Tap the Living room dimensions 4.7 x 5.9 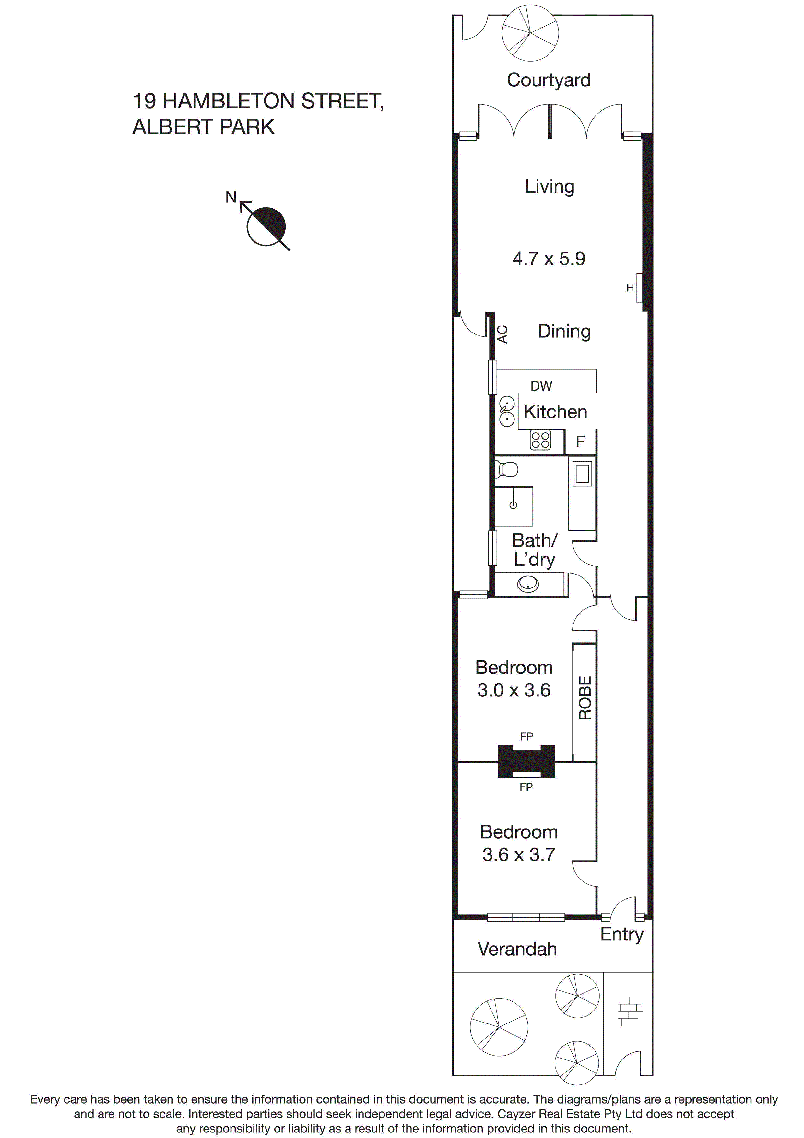click(549, 259)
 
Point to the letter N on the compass click(231, 197)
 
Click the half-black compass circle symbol click(266, 226)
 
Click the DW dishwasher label click(541, 386)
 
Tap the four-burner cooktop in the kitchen click(540, 440)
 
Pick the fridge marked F click(580, 441)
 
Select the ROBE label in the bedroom click(585, 698)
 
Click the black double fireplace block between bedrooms click(526, 761)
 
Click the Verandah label click(517, 949)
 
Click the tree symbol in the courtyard click(530, 33)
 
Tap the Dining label click(564, 331)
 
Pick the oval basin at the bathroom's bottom click(528, 584)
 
